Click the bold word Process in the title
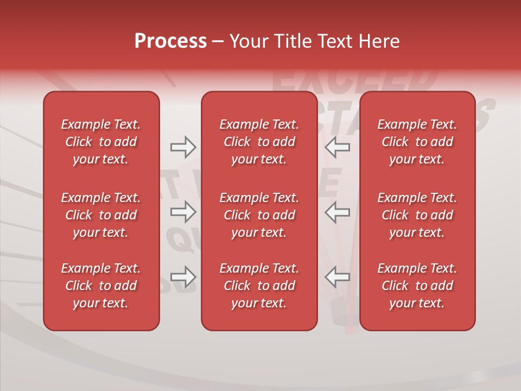[x=170, y=41]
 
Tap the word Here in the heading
[x=379, y=41]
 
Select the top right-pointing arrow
[x=183, y=147]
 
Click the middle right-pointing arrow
[x=183, y=212]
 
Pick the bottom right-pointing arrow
[x=183, y=277]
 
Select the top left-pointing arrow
[x=338, y=147]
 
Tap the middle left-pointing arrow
[x=338, y=212]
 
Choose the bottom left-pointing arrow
[x=338, y=277]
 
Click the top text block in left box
[x=101, y=142]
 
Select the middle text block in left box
[x=101, y=215]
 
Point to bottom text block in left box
[x=101, y=286]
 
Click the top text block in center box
[x=259, y=142]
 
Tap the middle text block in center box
[x=259, y=215]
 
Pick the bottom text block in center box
[x=259, y=286]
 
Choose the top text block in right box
[x=417, y=142]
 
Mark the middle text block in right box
[x=417, y=215]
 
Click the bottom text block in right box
[x=417, y=286]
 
